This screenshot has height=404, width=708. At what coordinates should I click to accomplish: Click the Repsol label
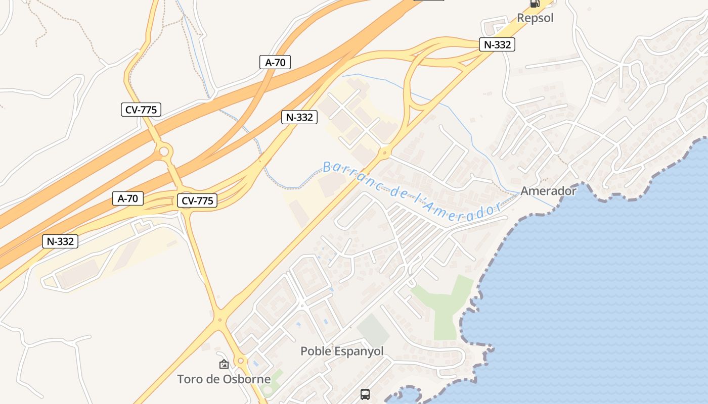535,18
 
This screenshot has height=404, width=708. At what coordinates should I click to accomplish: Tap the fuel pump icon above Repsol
535,3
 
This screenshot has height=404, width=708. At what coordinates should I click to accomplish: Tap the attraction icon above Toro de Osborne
224,364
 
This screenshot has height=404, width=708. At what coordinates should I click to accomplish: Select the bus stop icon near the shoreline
365,394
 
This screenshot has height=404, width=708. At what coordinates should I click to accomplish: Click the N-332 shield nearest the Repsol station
497,44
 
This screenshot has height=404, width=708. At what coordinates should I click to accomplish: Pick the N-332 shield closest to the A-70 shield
299,117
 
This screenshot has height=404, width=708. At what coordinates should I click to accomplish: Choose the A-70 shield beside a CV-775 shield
128,198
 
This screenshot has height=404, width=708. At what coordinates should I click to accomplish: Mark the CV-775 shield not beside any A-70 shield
141,110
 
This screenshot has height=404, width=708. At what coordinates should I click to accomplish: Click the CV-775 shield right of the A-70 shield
197,200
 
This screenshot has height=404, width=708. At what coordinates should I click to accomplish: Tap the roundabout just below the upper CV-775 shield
163,151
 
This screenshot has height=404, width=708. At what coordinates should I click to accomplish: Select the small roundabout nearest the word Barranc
385,151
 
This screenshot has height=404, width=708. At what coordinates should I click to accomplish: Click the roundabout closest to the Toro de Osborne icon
241,361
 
